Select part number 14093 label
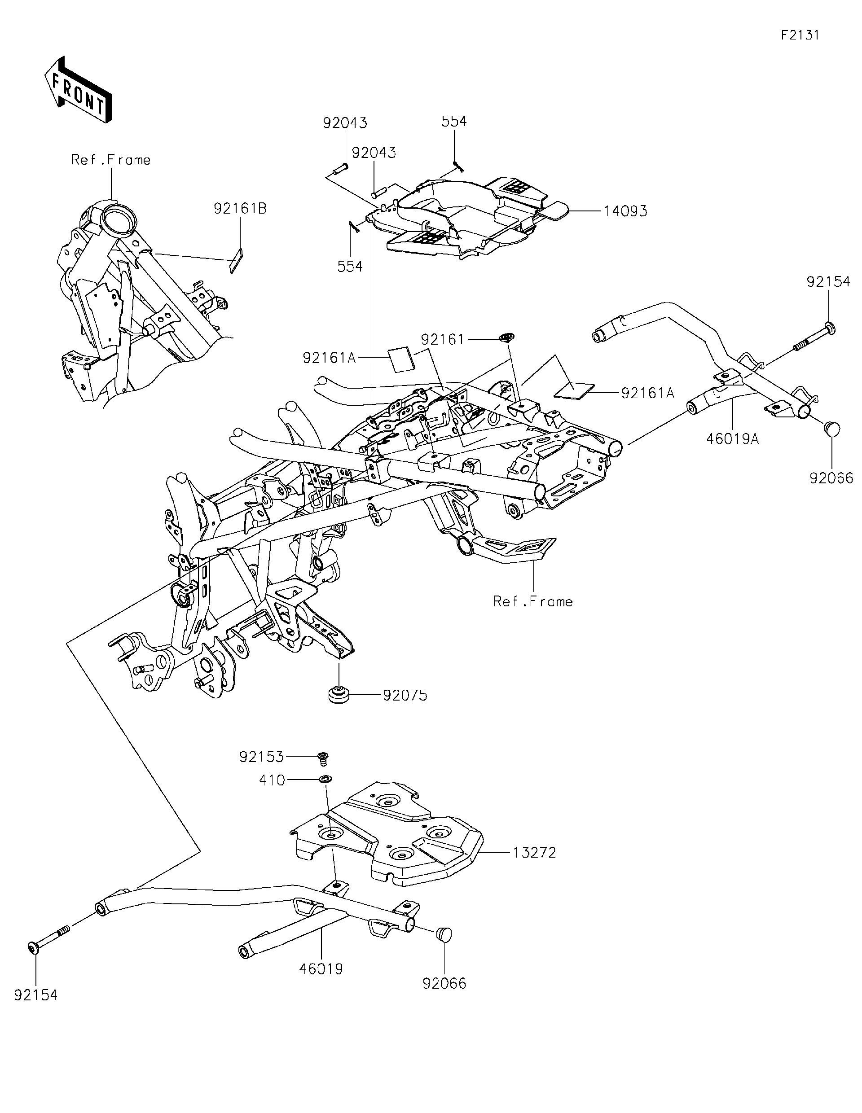click(625, 211)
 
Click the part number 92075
click(405, 696)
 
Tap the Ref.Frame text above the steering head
click(110, 160)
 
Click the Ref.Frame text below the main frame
click(533, 602)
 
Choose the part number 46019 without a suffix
click(321, 969)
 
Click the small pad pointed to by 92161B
click(237, 260)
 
